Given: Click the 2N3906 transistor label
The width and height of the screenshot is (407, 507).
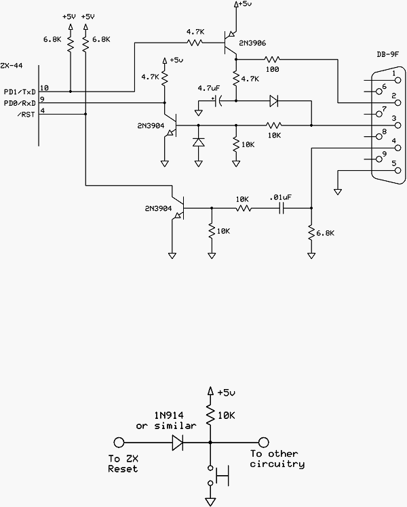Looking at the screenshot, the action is [252, 43].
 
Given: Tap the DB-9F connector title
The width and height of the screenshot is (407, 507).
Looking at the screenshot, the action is [387, 54].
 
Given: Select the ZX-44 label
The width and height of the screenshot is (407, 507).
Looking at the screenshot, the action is [12, 66].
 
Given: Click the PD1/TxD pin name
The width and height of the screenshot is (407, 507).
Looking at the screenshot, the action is [20, 92].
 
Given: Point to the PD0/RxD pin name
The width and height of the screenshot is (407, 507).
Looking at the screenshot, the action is [20, 103].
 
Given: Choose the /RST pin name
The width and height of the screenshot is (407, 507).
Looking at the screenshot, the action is [26, 114].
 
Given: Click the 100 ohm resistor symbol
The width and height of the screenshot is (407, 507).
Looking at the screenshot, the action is [272, 59].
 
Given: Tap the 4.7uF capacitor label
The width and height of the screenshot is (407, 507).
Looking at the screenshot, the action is [209, 88].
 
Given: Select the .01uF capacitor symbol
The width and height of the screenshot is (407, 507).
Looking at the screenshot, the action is [281, 208].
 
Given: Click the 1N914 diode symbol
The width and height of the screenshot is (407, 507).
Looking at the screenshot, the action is [178, 442].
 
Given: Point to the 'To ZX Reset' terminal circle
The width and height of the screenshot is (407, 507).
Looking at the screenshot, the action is [119, 442].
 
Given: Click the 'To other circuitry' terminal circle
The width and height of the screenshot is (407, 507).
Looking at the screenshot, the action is [264, 442].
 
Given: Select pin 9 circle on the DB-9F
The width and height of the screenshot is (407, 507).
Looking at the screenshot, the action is [379, 159].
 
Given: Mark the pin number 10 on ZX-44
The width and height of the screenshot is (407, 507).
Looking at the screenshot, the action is [44, 88].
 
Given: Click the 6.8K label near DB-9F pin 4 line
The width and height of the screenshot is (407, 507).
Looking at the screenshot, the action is [325, 233].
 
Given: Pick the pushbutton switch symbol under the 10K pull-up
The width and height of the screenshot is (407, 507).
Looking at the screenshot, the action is [218, 476].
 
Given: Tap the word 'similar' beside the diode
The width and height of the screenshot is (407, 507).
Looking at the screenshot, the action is [175, 426].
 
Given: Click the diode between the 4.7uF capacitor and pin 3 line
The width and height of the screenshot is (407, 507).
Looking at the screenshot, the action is [273, 101].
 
